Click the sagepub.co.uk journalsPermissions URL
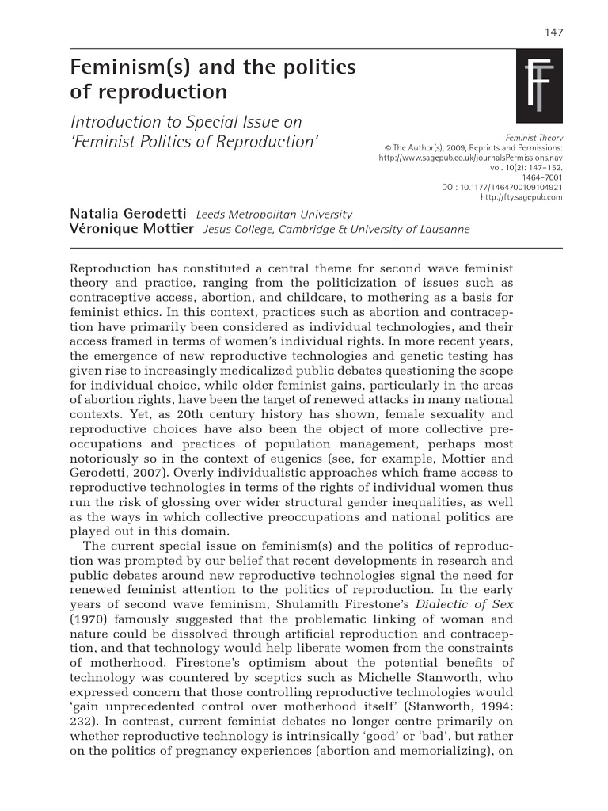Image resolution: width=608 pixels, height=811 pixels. pos(471,158)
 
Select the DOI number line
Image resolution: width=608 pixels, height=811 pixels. pos(502,187)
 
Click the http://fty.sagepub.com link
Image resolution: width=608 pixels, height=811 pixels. pos(522,197)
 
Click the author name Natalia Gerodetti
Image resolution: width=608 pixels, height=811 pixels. pos(128,214)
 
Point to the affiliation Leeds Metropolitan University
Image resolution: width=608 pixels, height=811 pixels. pos(274,215)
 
